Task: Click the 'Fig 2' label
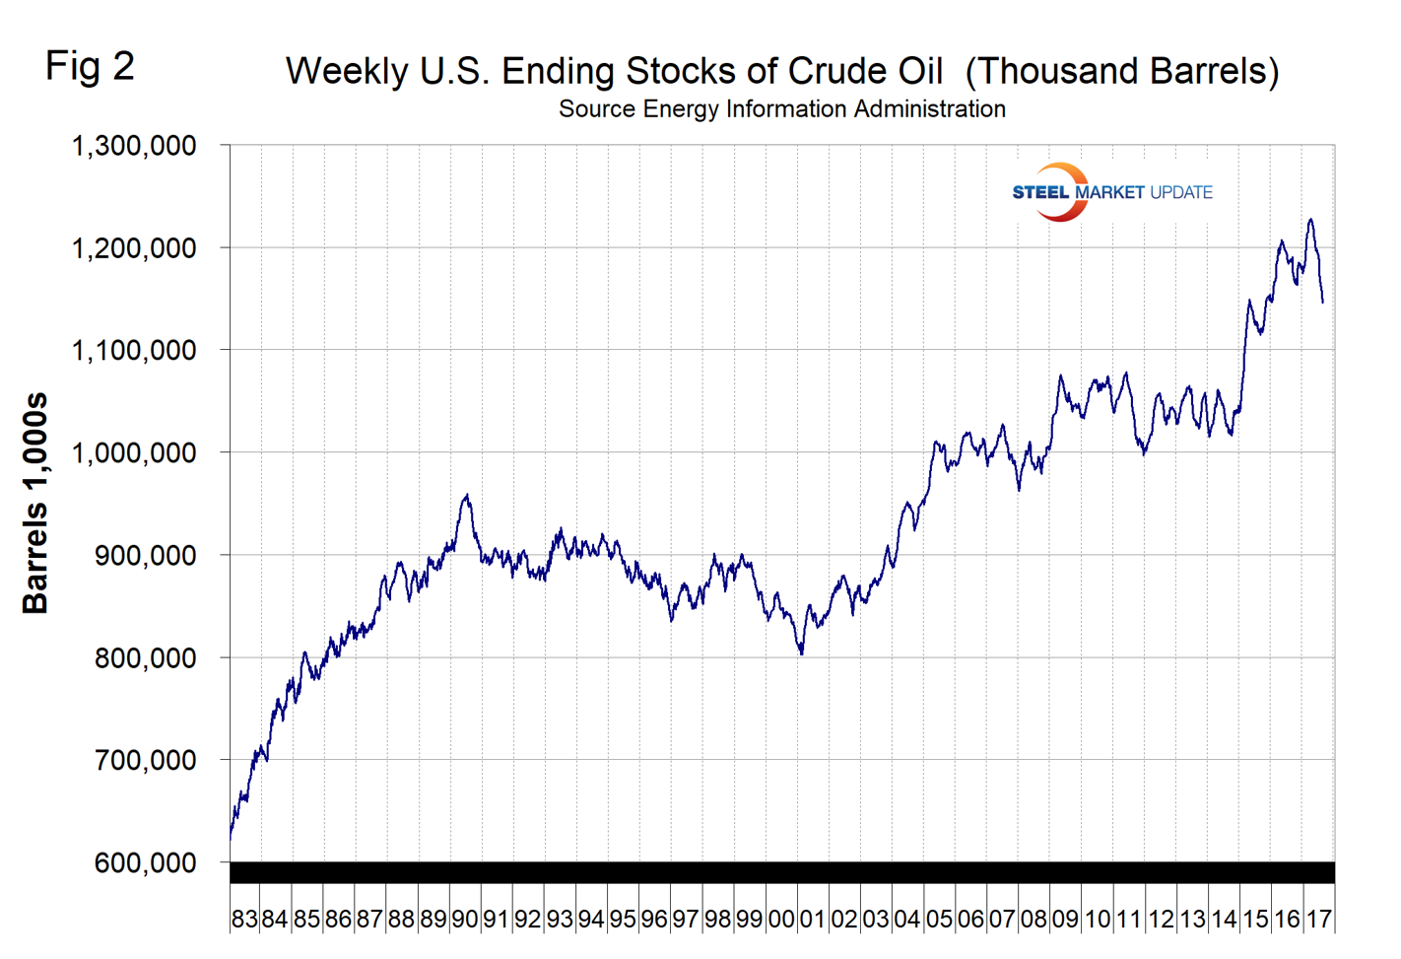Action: [x=90, y=67]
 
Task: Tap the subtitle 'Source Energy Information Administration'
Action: [x=781, y=109]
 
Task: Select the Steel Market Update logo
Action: [x=1111, y=192]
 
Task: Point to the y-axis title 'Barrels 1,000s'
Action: [x=35, y=503]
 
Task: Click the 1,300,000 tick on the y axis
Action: [x=134, y=146]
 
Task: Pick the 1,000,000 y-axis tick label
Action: [x=134, y=452]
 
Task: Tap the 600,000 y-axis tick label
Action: [x=145, y=862]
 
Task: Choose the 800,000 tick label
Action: [x=145, y=657]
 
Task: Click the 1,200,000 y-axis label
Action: [x=134, y=248]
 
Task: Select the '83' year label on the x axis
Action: [x=244, y=920]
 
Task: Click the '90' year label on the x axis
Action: [x=464, y=920]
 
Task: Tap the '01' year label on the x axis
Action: [x=812, y=920]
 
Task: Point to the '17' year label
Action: [x=1318, y=920]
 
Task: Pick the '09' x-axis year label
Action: [x=1065, y=920]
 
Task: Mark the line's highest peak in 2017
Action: [x=1310, y=220]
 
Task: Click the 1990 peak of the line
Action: [x=467, y=496]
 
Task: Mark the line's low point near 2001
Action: [x=802, y=652]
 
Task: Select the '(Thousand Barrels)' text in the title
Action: [x=1121, y=72]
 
